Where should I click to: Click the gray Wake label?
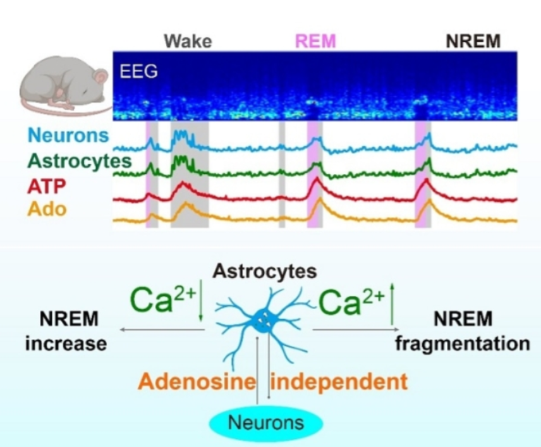[188, 42]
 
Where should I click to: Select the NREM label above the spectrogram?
[473, 42]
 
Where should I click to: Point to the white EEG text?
[138, 71]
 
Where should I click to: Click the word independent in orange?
[339, 382]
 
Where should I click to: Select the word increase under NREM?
[65, 343]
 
